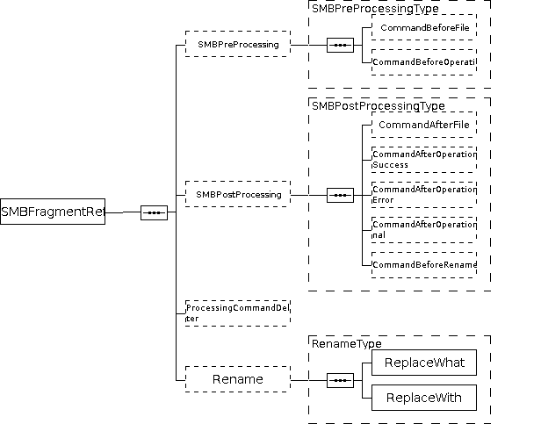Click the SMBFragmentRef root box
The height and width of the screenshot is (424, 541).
point(53,212)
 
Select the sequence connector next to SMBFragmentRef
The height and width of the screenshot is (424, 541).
point(154,212)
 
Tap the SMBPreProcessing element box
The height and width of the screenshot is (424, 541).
point(237,44)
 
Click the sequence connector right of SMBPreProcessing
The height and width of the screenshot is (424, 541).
point(340,45)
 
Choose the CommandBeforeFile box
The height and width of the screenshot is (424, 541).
point(424,28)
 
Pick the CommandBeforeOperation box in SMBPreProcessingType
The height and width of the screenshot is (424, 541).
point(424,62)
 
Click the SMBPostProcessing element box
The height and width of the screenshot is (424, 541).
point(237,194)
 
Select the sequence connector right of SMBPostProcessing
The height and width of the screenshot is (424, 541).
point(340,195)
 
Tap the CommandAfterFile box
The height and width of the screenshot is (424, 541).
point(424,125)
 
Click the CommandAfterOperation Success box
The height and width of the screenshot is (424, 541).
point(424,159)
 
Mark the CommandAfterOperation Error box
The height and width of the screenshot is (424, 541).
point(424,194)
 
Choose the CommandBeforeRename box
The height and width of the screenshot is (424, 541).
point(424,264)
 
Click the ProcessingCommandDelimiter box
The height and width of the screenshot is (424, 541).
point(237,313)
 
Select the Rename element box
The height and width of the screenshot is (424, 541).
point(237,379)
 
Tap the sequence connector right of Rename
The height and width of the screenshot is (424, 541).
point(340,380)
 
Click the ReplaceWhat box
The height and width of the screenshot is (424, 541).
point(424,363)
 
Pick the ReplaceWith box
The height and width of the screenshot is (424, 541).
point(424,398)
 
